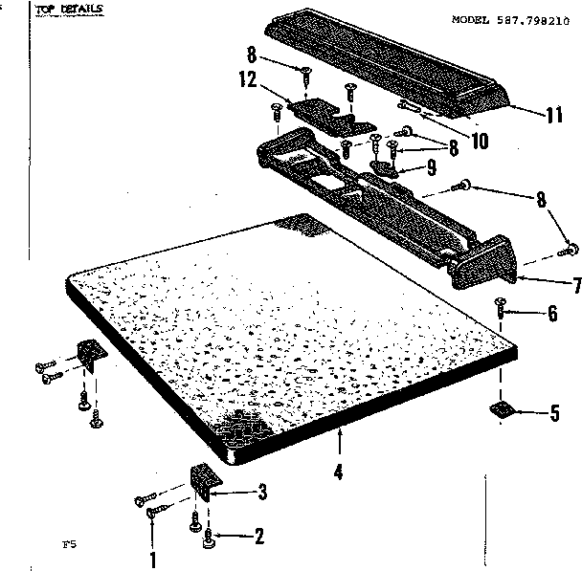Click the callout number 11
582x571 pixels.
(x=552, y=116)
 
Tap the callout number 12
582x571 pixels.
(x=248, y=80)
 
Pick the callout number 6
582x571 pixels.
(x=550, y=313)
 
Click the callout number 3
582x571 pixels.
(x=261, y=493)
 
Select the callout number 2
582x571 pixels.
(x=257, y=537)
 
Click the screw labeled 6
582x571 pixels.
(x=500, y=308)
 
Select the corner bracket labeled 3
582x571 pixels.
(x=205, y=481)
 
